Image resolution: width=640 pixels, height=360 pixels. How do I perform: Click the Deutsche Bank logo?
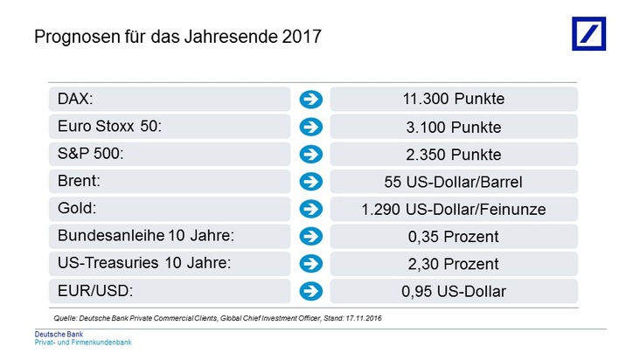click(x=588, y=32)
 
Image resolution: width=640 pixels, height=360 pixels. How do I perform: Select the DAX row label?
click(x=74, y=99)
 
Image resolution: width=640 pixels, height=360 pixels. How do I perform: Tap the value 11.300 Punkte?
click(x=455, y=99)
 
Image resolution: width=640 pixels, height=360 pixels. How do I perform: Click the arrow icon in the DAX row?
click(x=310, y=99)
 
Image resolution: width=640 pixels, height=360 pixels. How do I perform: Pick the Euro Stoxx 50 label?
click(x=110, y=127)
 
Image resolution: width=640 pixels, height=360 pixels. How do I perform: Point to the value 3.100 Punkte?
click(x=455, y=127)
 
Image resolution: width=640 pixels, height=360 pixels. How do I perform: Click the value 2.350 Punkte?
click(x=455, y=154)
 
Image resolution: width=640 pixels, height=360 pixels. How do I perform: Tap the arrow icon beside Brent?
click(x=310, y=182)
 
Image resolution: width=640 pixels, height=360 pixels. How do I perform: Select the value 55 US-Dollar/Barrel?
click(x=455, y=182)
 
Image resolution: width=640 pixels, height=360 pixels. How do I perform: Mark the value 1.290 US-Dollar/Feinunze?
click(x=455, y=209)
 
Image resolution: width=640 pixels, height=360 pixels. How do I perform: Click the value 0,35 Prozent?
click(x=455, y=236)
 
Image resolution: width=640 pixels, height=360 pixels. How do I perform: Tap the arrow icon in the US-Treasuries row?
click(x=310, y=264)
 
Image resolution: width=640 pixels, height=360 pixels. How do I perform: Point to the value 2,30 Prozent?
click(x=455, y=264)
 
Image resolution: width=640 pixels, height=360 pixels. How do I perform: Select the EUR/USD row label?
click(x=94, y=291)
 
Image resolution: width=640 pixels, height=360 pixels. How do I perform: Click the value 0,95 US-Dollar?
click(x=455, y=291)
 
